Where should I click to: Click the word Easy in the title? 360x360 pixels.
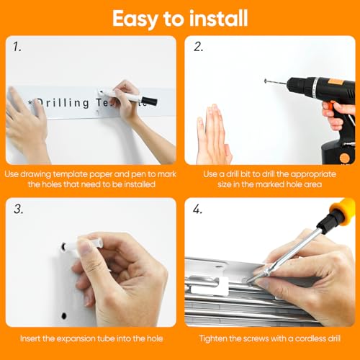pos(135,19)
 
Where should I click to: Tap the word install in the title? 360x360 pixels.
pos(218,18)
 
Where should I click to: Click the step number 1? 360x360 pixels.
pos(17,47)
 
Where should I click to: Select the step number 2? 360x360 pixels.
pos(198,47)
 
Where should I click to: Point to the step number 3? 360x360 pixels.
pos(19,209)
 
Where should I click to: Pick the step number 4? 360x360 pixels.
pos(197,209)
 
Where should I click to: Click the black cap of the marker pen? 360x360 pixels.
pos(149,101)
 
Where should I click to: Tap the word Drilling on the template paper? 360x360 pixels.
pos(63,103)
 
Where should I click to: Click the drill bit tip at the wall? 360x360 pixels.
pos(266,81)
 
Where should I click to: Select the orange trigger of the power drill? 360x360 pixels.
pos(328,106)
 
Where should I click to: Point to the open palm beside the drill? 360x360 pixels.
pos(213,135)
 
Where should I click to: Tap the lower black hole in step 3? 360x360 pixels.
pos(64,316)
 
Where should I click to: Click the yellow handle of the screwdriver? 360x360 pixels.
pos(343,210)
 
